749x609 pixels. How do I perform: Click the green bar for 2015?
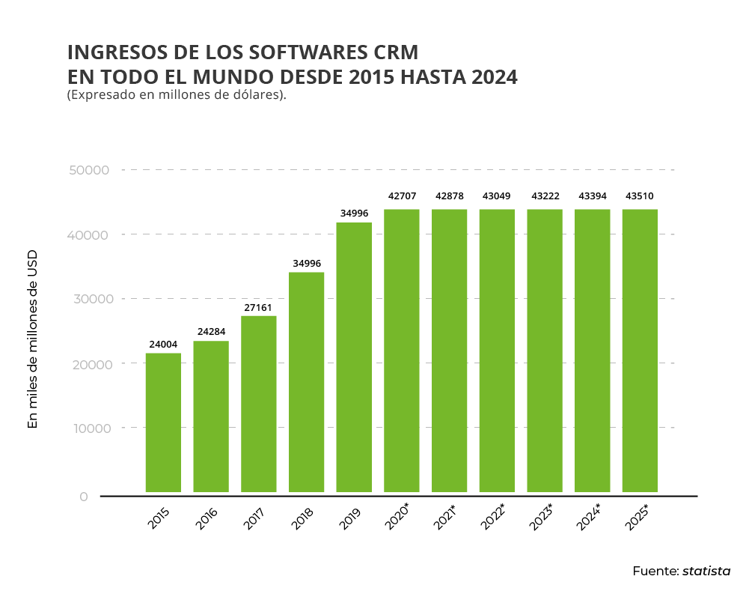(x=163, y=422)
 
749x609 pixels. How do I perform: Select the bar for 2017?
(x=259, y=404)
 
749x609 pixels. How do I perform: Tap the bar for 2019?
(x=354, y=357)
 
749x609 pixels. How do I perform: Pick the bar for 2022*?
(x=497, y=351)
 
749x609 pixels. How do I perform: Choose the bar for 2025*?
(x=640, y=351)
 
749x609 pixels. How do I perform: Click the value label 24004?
(x=163, y=345)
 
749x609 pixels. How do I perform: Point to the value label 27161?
(x=259, y=307)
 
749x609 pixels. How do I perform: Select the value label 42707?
(x=402, y=196)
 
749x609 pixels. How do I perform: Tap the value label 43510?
(x=640, y=196)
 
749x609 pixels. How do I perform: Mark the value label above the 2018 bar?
(x=307, y=263)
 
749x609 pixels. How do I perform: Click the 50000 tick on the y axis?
(x=90, y=171)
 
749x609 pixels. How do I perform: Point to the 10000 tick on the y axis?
(x=90, y=428)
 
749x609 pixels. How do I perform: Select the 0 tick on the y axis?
(x=84, y=497)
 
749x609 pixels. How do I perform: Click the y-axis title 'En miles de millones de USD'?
(x=32, y=339)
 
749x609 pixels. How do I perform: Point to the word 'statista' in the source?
(x=706, y=571)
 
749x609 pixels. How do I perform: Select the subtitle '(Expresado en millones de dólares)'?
(x=177, y=95)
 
